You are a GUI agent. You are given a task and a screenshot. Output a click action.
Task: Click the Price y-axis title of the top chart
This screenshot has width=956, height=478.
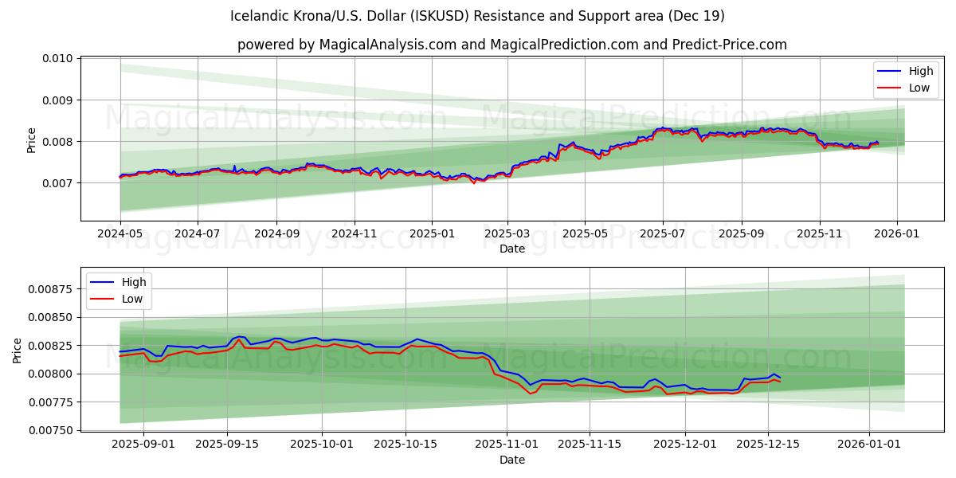(x=32, y=139)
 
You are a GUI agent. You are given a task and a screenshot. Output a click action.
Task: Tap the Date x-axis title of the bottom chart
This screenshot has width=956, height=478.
(x=511, y=460)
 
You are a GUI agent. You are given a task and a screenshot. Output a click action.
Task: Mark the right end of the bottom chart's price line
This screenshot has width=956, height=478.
(x=780, y=378)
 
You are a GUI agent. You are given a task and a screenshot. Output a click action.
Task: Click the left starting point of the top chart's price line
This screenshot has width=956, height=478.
(x=120, y=176)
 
